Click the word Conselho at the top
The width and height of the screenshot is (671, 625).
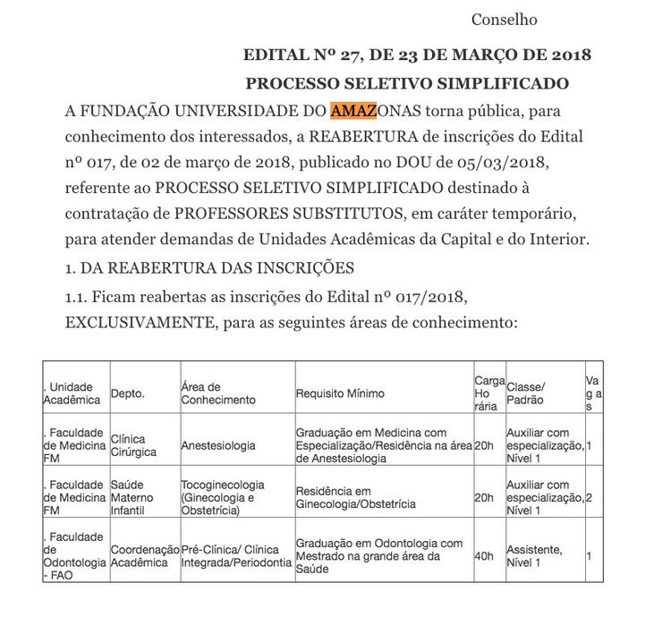(505, 19)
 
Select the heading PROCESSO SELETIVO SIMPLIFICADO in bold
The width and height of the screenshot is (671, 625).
(407, 84)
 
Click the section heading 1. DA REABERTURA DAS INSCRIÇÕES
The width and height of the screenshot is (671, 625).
(210, 267)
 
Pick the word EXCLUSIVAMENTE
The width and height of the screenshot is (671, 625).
(138, 321)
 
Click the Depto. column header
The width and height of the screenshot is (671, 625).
(128, 393)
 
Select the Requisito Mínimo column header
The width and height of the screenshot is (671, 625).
(340, 393)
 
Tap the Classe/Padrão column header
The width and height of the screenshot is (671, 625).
(526, 393)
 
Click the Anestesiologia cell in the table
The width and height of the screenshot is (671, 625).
(218, 445)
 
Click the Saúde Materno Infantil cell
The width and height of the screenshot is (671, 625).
(133, 498)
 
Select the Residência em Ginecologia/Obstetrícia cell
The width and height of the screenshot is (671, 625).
(355, 498)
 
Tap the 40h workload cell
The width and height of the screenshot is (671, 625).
(484, 556)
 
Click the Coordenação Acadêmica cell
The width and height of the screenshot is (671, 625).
(144, 556)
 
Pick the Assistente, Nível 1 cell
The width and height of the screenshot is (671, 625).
(535, 556)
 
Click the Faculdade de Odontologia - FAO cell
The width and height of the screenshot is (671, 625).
(74, 556)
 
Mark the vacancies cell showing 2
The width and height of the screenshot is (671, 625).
(590, 498)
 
